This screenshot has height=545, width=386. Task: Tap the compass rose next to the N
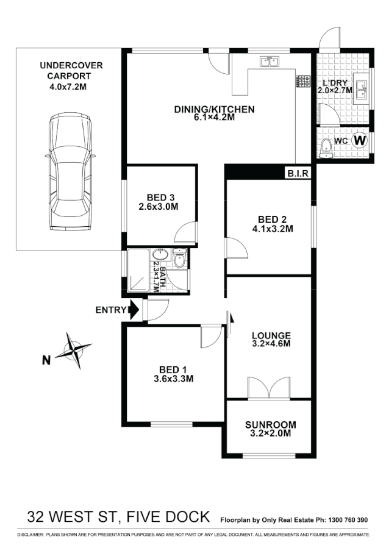click(74, 349)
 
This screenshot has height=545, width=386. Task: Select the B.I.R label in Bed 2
click(299, 174)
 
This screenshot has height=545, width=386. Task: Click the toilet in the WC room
click(327, 145)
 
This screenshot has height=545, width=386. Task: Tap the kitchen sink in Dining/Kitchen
click(268, 62)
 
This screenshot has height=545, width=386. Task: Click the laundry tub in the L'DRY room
click(360, 89)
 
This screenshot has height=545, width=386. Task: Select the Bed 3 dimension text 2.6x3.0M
click(161, 207)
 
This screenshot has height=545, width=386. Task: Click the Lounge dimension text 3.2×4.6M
click(271, 344)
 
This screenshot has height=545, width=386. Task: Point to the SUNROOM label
click(271, 425)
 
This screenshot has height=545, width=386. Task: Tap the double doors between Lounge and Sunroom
click(268, 388)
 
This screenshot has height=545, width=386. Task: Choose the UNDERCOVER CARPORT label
click(71, 71)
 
